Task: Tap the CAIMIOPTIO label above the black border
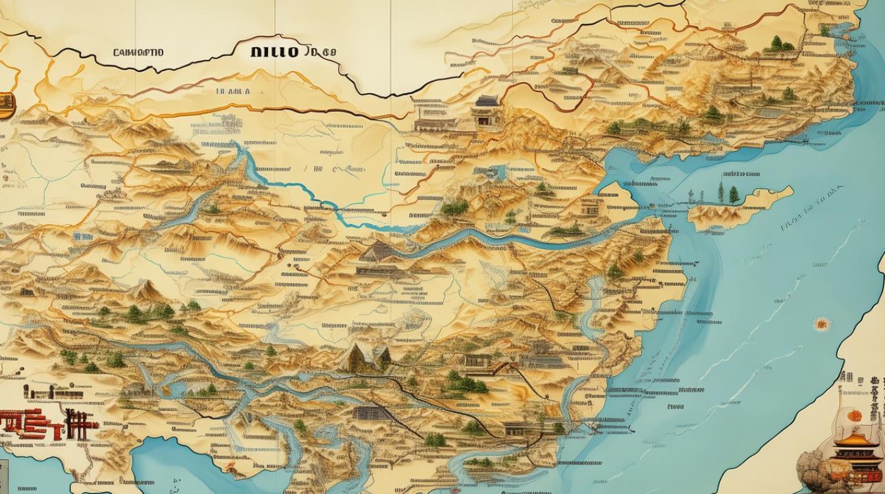(140, 52)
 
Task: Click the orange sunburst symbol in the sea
(820, 323)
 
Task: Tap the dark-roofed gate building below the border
(487, 109)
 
